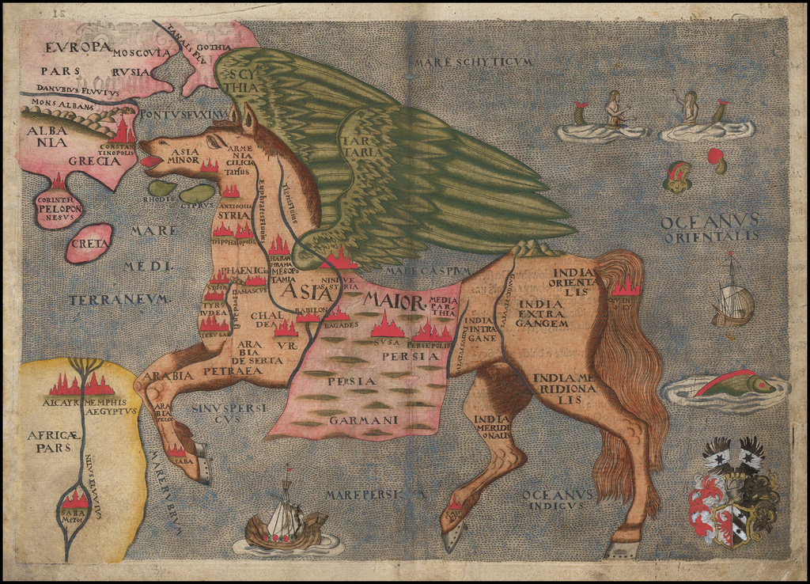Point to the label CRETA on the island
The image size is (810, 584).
89,243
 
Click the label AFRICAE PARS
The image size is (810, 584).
49,441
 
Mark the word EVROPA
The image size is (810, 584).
78,47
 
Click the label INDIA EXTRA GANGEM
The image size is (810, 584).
542,313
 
